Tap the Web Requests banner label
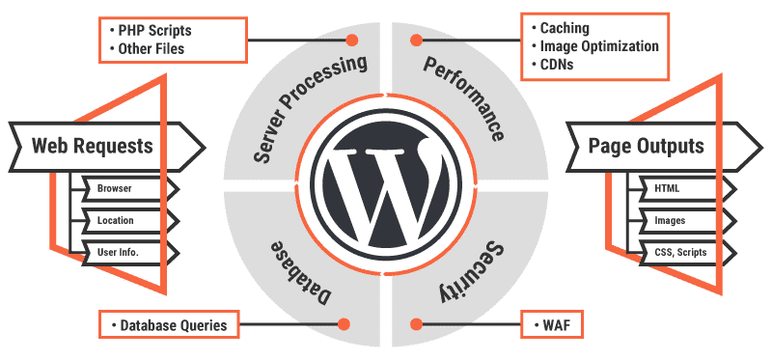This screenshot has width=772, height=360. coord(93,147)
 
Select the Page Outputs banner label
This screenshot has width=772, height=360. coord(647,147)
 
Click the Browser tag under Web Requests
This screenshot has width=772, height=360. coord(115,188)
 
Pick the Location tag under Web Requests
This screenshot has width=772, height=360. coord(116,220)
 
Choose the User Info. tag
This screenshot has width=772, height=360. coord(117,252)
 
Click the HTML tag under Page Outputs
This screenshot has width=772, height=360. coord(667,188)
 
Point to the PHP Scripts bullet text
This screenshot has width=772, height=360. coord(156,30)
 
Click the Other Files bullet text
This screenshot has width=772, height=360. coord(155,49)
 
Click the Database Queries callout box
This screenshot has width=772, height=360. coord(168,324)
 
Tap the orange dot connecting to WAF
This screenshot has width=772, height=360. coord(417,324)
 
